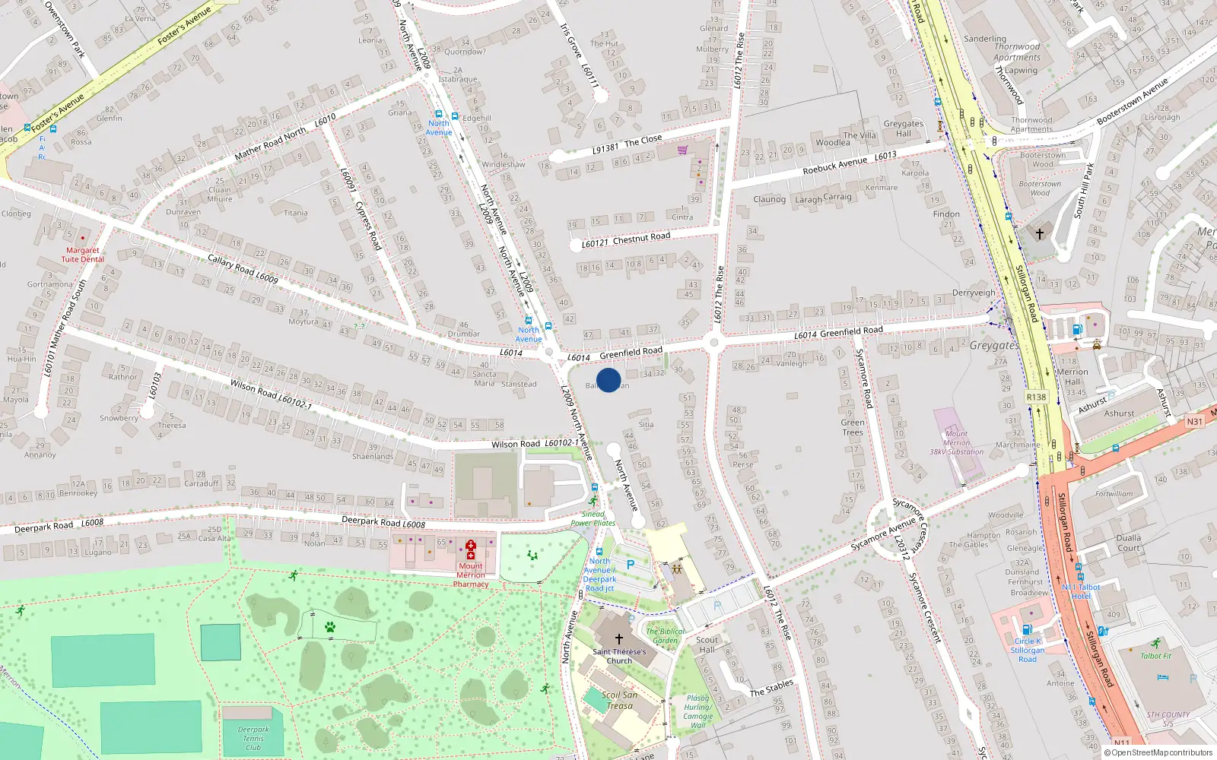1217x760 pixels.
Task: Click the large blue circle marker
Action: click(x=608, y=380)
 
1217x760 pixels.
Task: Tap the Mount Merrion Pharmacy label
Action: click(x=471, y=575)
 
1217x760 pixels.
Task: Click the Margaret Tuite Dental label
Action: click(x=82, y=255)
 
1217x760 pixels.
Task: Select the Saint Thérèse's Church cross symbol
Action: click(x=619, y=639)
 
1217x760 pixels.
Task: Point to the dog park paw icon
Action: click(x=330, y=627)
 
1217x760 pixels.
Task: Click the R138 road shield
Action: click(x=1036, y=397)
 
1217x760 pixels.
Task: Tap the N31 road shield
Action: click(x=1195, y=422)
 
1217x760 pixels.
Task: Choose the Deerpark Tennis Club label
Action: click(x=253, y=738)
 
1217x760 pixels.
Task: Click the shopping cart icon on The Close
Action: click(x=682, y=150)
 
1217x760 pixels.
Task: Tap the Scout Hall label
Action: click(x=707, y=644)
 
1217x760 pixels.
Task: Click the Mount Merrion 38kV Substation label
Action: click(x=956, y=442)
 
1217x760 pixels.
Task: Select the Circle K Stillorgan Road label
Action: click(x=1027, y=650)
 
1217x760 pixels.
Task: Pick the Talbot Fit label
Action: click(x=1156, y=656)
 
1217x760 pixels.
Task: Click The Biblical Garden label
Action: click(x=666, y=635)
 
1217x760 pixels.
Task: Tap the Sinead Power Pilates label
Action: click(x=593, y=518)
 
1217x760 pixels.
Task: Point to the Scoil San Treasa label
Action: click(x=619, y=700)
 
